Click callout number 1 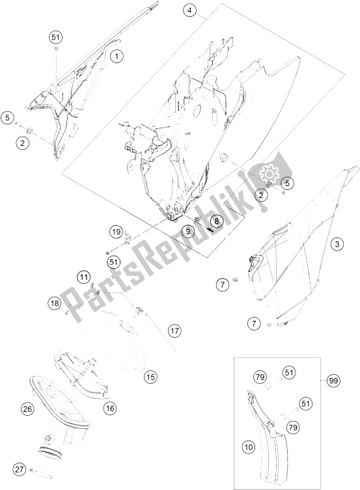117,57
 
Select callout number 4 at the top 189,10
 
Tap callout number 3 337,244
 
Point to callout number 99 333,381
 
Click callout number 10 249,447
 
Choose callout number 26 27,409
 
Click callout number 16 110,407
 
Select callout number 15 150,377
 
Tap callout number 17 174,331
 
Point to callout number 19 117,232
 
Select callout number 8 217,221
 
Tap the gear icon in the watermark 268,172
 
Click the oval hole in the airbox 197,111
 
